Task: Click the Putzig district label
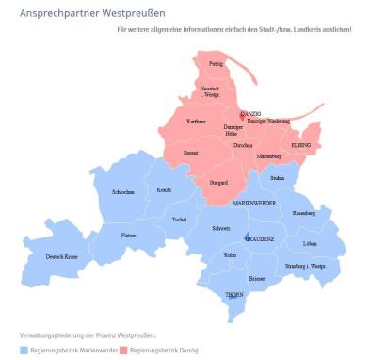click(x=216, y=64)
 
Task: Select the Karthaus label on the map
click(x=196, y=122)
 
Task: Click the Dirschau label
click(x=243, y=146)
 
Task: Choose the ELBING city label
click(x=300, y=144)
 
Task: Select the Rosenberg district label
click(x=304, y=213)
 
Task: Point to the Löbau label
click(x=311, y=243)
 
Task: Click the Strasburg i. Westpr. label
click(x=306, y=266)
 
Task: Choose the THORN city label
click(x=234, y=295)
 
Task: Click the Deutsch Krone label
click(x=62, y=256)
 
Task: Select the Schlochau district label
click(x=123, y=192)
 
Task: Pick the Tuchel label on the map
click(x=180, y=220)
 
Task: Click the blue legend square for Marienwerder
click(x=24, y=350)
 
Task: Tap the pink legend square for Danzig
click(x=123, y=350)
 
